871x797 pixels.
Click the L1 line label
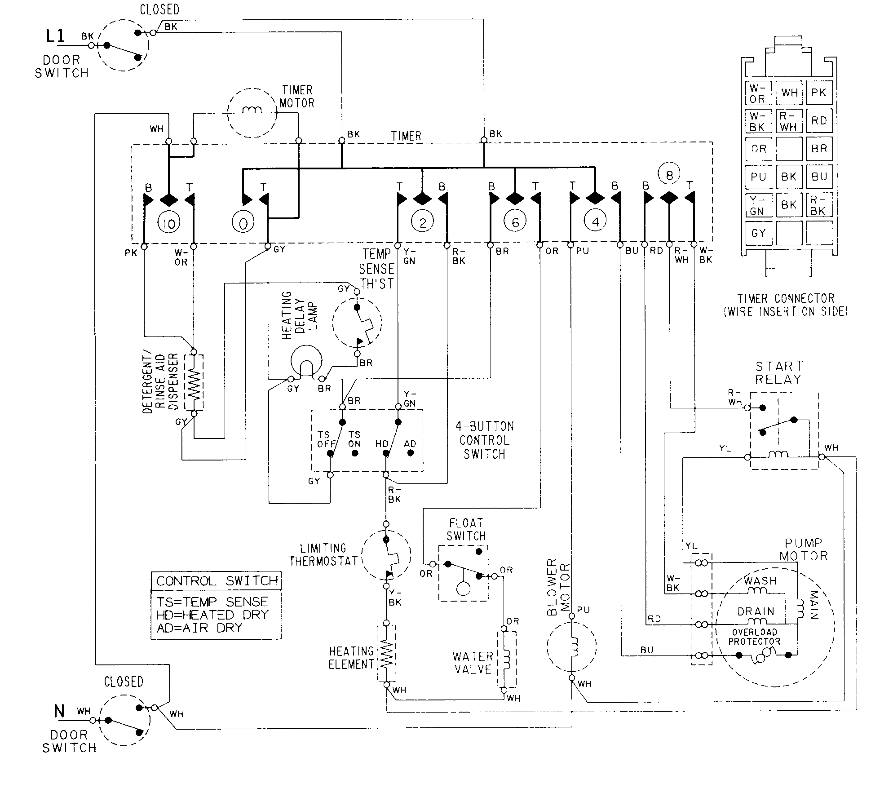pos(56,36)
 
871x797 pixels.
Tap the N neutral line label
pos(59,711)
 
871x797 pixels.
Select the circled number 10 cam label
pos(169,223)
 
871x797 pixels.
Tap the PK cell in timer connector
pos(819,93)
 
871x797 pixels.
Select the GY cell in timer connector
pos(758,233)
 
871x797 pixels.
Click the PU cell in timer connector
pos(758,177)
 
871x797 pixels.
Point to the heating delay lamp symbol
pos(306,361)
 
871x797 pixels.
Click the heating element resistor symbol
pos(386,653)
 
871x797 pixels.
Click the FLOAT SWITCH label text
pos(466,529)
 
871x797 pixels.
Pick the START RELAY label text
pos(778,373)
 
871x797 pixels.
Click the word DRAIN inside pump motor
pos(756,611)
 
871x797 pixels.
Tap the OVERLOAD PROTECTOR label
pos(754,637)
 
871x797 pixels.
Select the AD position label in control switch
pos(410,444)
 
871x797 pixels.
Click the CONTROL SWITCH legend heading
pos(217,581)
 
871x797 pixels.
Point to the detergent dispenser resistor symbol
pos(194,382)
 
